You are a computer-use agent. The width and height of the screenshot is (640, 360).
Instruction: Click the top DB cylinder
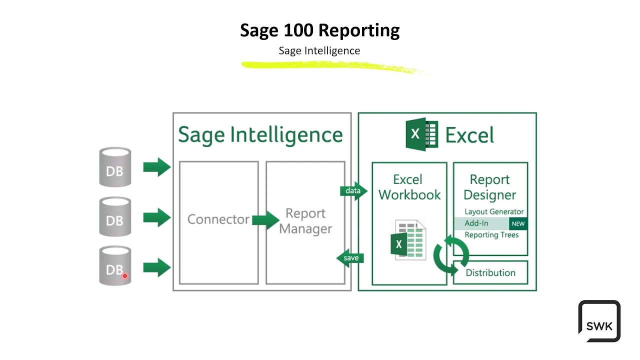pyautogui.click(x=115, y=167)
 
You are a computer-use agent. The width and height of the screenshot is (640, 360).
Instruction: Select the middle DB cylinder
pyautogui.click(x=115, y=216)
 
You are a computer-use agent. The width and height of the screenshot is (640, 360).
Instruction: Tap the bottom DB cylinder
pyautogui.click(x=115, y=266)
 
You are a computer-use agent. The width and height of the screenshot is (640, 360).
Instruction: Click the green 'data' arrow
pyautogui.click(x=354, y=191)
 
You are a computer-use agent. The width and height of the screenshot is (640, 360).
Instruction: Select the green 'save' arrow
pyautogui.click(x=350, y=258)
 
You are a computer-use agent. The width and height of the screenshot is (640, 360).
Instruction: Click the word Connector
pyautogui.click(x=218, y=219)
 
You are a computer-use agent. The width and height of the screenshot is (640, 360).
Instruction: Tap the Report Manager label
pyautogui.click(x=305, y=221)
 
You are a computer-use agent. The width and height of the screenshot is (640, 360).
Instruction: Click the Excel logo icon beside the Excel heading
pyautogui.click(x=421, y=134)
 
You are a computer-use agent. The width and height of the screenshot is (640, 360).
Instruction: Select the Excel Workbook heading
pyautogui.click(x=409, y=187)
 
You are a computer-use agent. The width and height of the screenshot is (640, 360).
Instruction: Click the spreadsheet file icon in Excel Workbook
pyautogui.click(x=409, y=240)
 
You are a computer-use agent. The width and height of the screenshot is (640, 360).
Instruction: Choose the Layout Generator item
pyautogui.click(x=494, y=212)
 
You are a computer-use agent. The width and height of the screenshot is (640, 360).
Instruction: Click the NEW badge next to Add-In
pyautogui.click(x=518, y=223)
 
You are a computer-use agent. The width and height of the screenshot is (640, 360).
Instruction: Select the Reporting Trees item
pyautogui.click(x=491, y=235)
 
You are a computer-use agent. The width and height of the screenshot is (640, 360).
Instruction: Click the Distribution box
pyautogui.click(x=490, y=272)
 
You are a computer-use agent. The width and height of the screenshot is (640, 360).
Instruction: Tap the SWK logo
pyautogui.click(x=599, y=321)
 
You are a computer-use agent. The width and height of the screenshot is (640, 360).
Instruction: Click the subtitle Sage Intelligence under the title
pyautogui.click(x=319, y=50)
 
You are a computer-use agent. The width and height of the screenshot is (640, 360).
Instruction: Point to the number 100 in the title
pyautogui.click(x=298, y=30)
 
